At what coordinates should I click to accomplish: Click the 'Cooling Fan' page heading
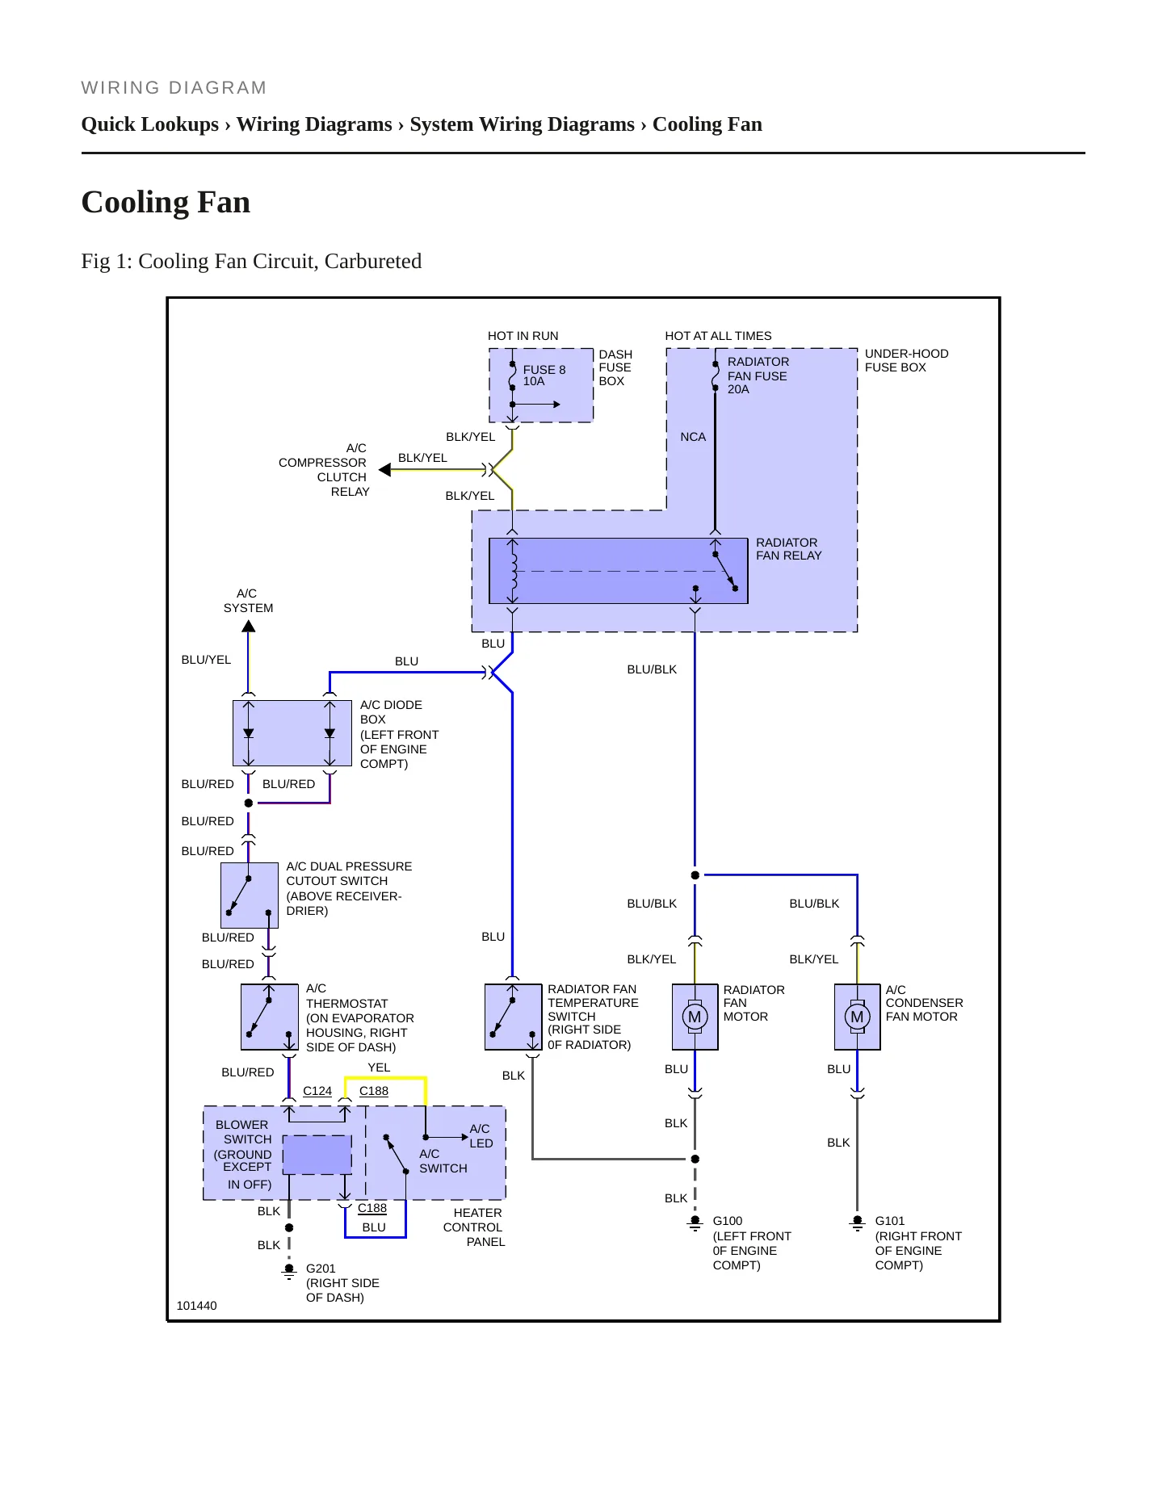click(x=166, y=202)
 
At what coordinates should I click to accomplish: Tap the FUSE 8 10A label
click(x=544, y=375)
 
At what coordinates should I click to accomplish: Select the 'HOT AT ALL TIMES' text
click(x=718, y=336)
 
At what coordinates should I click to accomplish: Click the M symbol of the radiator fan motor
click(x=695, y=1017)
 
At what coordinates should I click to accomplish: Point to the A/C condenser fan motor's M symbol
click(x=857, y=1017)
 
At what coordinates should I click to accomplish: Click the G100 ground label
click(x=728, y=1221)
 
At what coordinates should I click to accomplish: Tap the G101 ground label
click(x=890, y=1221)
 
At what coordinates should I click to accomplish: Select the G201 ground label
click(x=321, y=1269)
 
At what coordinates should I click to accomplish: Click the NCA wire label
click(x=693, y=437)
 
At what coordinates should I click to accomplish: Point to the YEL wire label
click(x=379, y=1067)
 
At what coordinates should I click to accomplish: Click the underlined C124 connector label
click(x=317, y=1091)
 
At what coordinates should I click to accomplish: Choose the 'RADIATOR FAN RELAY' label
click(x=789, y=549)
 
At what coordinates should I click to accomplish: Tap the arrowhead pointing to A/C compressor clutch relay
click(x=384, y=470)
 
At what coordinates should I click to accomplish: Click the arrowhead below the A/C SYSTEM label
click(x=249, y=627)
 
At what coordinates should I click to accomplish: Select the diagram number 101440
click(x=196, y=1306)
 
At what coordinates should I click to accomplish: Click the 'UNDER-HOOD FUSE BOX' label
click(x=907, y=360)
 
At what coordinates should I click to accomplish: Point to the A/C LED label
click(x=481, y=1136)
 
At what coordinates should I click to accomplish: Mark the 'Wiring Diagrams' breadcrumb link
click(x=314, y=124)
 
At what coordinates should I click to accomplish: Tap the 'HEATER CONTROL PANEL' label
click(x=474, y=1227)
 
